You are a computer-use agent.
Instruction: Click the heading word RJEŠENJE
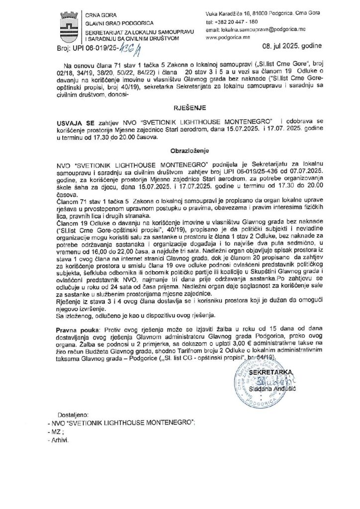180,106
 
